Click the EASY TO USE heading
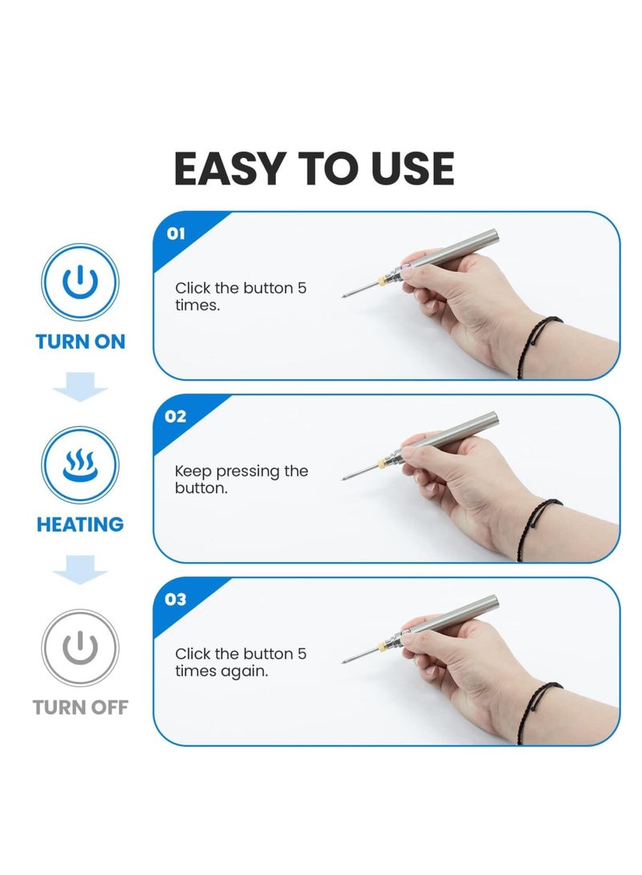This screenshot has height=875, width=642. tap(314, 168)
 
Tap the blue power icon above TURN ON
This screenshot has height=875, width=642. tap(80, 283)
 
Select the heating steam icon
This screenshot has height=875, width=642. tap(80, 466)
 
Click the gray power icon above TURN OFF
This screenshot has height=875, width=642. tap(80, 649)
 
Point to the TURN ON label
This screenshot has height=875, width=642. tap(80, 342)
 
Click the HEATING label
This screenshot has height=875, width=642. tap(80, 525)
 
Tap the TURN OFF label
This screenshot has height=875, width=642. tap(80, 707)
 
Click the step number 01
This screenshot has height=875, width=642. tap(176, 233)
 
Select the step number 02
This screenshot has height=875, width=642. tap(176, 416)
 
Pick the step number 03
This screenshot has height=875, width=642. tap(176, 599)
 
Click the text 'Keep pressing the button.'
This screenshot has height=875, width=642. tap(241, 479)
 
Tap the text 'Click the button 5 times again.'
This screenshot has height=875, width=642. tap(240, 662)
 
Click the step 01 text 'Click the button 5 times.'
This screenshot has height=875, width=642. tap(240, 296)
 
